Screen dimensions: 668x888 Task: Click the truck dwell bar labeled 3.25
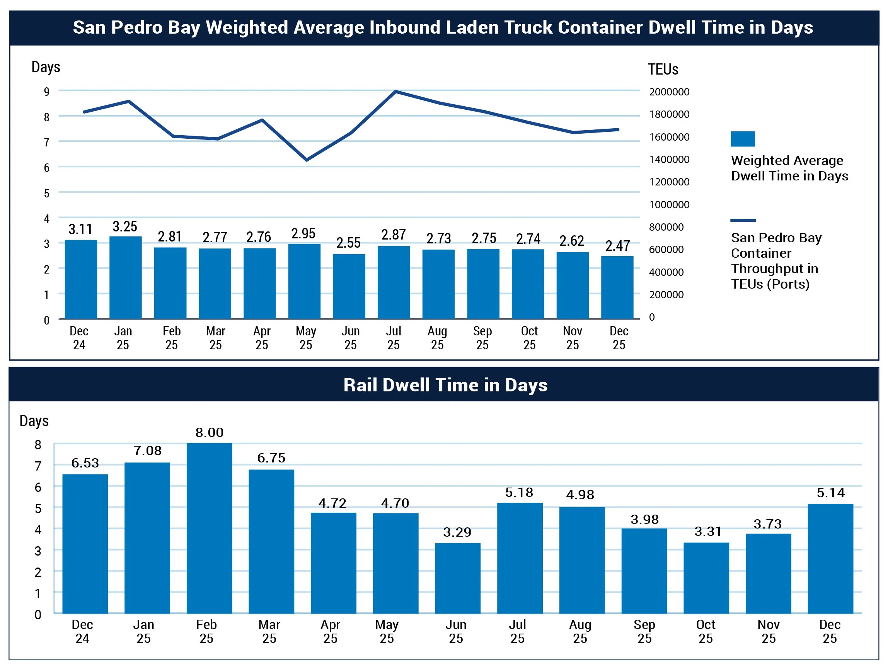point(125,278)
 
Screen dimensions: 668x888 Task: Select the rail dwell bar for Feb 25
point(209,528)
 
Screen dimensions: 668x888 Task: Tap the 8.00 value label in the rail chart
point(209,432)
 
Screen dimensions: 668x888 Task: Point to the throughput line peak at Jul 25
point(395,92)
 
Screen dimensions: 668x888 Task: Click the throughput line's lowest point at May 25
point(307,160)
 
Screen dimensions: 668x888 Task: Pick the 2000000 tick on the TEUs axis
point(669,92)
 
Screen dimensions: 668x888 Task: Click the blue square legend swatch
point(743,139)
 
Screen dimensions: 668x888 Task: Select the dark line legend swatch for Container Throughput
point(743,220)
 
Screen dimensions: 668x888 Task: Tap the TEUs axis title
point(663,70)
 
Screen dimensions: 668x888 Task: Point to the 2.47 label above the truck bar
point(617,246)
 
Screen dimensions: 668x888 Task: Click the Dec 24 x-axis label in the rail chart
point(82,631)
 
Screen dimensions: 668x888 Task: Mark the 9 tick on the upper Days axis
point(46,92)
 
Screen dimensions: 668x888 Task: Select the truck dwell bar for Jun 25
point(349,286)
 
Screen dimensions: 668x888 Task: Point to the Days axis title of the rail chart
point(34,421)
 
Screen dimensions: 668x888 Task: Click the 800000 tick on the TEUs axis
point(666,227)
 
